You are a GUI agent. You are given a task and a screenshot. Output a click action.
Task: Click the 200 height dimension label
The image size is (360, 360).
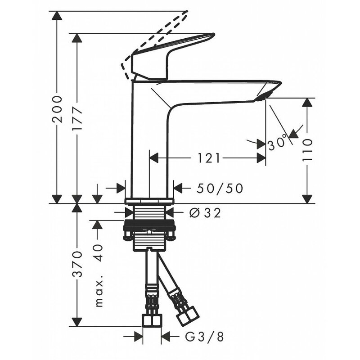(x=57, y=109)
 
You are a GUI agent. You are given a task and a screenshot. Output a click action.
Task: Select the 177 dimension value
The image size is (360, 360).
(x=77, y=118)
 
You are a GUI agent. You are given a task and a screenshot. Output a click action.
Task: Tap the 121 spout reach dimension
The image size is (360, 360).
(x=209, y=158)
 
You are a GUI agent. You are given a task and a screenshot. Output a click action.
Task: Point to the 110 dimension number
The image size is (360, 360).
(x=307, y=149)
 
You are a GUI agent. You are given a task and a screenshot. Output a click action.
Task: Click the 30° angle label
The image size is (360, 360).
(x=278, y=142)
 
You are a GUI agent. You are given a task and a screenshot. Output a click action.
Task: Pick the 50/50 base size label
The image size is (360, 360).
(x=220, y=188)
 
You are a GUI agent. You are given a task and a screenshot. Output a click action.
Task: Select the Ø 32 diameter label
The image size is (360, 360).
(x=205, y=213)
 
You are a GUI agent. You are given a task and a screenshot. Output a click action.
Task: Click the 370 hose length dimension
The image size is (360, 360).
(x=77, y=264)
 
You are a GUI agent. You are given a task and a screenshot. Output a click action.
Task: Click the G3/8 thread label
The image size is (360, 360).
(x=204, y=337)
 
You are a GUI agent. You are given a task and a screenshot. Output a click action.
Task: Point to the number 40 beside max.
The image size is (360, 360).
(x=98, y=253)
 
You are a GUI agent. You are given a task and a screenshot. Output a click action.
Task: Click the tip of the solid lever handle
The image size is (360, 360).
(x=214, y=35)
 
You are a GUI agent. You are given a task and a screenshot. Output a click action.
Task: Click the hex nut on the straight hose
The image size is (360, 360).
(x=152, y=320)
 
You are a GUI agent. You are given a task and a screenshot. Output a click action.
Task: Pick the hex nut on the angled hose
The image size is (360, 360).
(x=188, y=316)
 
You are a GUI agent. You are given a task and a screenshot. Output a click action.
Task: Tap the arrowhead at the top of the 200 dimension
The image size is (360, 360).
(x=57, y=16)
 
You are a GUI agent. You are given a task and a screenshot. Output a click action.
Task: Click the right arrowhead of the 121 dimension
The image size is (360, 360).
(x=261, y=158)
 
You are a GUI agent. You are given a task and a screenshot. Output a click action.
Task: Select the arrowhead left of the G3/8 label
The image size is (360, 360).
(x=138, y=337)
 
